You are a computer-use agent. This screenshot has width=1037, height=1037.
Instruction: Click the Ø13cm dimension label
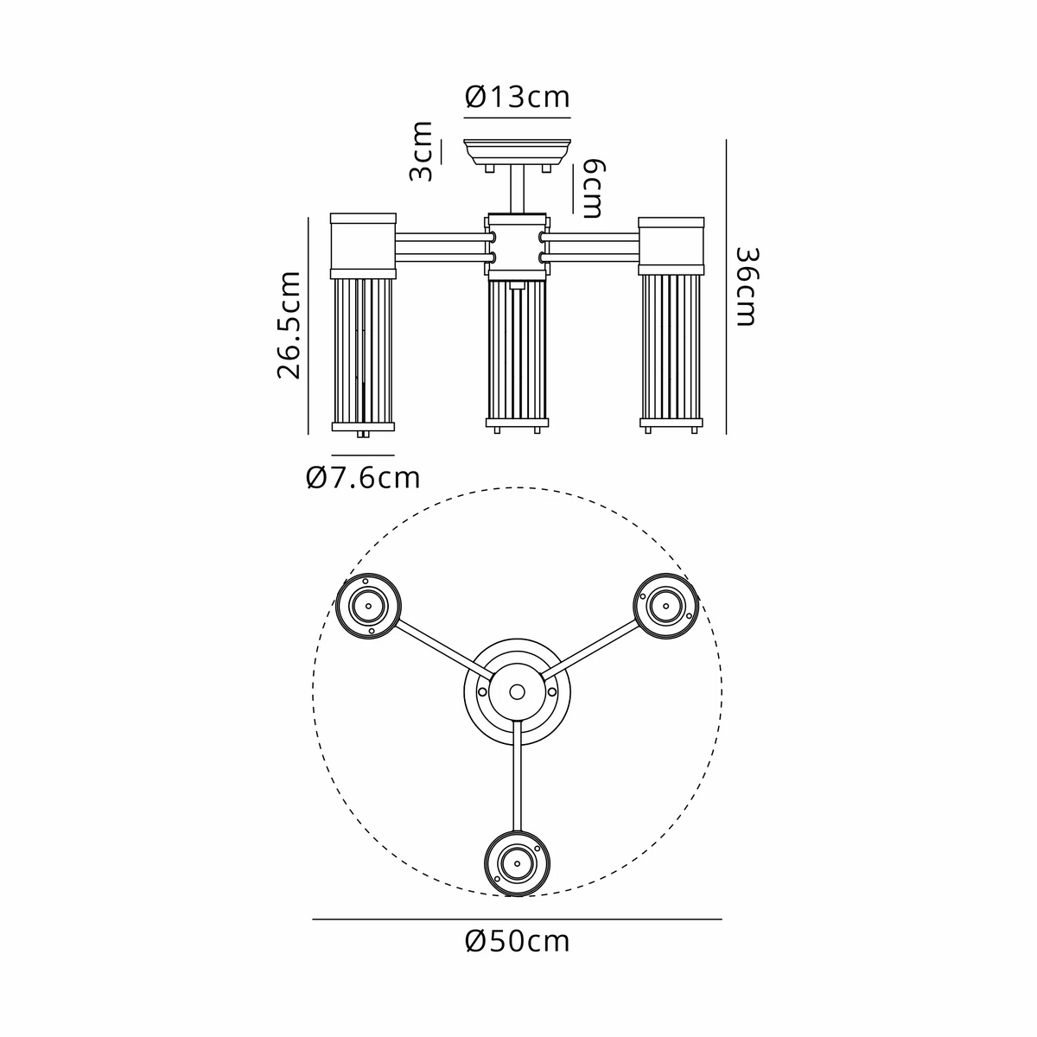coord(517,98)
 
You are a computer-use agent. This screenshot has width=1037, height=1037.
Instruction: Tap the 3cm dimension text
coord(422,152)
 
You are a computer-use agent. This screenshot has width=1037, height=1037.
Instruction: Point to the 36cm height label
coord(747,286)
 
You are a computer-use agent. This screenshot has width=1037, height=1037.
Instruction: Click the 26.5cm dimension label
coord(289,325)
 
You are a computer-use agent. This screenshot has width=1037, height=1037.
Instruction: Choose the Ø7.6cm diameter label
coord(363,477)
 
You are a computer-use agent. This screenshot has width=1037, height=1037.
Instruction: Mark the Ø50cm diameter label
coord(517,942)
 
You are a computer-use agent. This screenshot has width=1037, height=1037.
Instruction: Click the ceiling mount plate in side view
coord(517,152)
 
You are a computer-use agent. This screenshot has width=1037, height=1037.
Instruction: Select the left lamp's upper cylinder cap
coord(363,245)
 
